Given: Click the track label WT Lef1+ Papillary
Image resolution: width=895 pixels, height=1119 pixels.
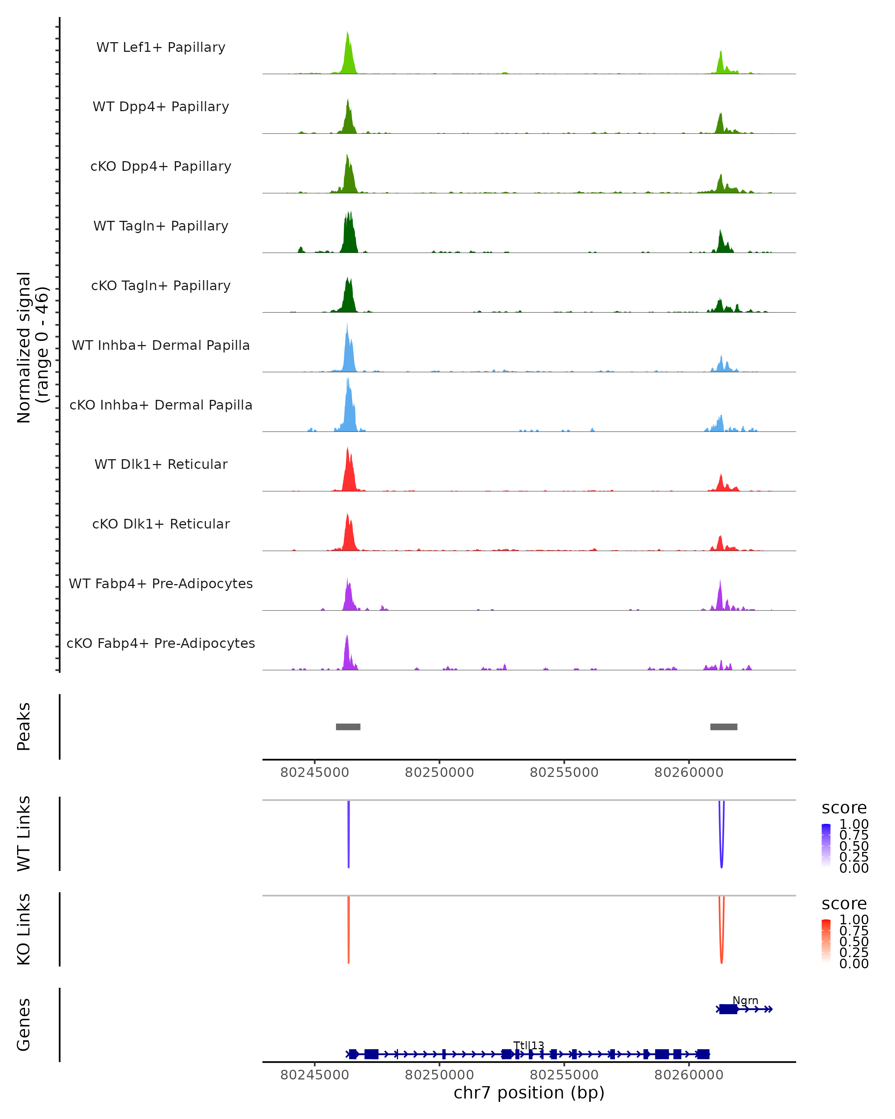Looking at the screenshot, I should coord(161,47).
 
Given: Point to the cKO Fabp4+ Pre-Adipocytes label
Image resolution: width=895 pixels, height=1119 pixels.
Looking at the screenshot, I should coord(161,643).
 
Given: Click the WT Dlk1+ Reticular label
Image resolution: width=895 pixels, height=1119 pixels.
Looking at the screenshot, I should coord(161,464).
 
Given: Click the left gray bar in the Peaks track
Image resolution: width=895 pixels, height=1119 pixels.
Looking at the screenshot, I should coord(348,727).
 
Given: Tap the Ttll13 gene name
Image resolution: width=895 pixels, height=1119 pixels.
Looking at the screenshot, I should coord(529,1045).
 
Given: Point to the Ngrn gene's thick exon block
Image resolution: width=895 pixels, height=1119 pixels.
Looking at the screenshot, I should coord(728,1009).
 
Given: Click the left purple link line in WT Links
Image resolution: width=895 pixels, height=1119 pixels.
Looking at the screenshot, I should coord(349,836).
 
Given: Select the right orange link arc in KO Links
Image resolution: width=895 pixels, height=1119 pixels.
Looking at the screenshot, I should coord(721,934).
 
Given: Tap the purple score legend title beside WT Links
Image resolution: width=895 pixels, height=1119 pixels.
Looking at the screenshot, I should coord(844,808).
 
